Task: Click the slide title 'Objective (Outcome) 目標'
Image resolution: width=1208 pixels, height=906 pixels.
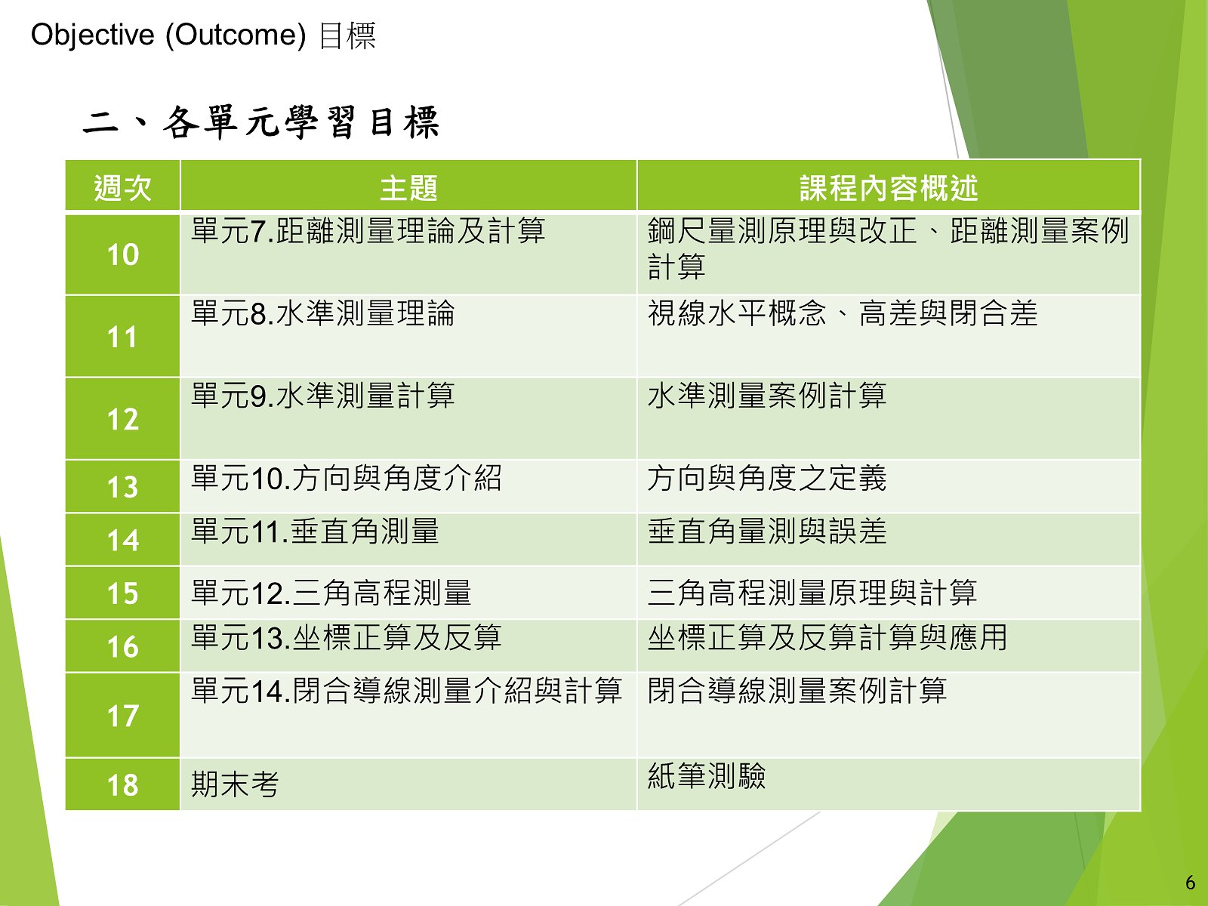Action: pyautogui.click(x=203, y=35)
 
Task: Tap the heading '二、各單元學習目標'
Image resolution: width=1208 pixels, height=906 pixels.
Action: pyautogui.click(x=261, y=122)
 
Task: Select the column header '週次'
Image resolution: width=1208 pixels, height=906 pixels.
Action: pyautogui.click(x=123, y=188)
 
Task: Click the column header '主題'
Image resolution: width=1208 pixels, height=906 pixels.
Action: pyautogui.click(x=408, y=188)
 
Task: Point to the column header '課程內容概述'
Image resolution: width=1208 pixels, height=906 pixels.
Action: pyautogui.click(x=888, y=188)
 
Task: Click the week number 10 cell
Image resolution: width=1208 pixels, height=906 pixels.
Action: pyautogui.click(x=123, y=254)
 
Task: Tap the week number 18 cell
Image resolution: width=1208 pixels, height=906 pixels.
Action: pyautogui.click(x=123, y=785)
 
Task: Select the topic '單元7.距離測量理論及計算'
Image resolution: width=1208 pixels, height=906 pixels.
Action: pyautogui.click(x=368, y=230)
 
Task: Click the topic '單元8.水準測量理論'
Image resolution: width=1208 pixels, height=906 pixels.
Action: pyautogui.click(x=323, y=313)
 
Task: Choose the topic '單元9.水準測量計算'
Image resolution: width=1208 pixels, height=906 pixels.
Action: pyautogui.click(x=323, y=396)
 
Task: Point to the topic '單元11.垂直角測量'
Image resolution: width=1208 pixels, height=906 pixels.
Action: pyautogui.click(x=315, y=532)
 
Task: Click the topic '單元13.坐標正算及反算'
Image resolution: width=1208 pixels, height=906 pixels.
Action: pyautogui.click(x=346, y=637)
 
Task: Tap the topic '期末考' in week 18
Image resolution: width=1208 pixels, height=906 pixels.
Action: pyautogui.click(x=235, y=784)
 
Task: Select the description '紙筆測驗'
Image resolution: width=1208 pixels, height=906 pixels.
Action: pyautogui.click(x=707, y=776)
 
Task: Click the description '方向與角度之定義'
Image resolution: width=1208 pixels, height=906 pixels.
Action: pyautogui.click(x=767, y=478)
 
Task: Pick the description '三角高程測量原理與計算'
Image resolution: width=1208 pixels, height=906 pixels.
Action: pyautogui.click(x=812, y=593)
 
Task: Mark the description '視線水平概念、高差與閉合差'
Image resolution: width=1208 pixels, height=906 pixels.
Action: pyautogui.click(x=843, y=313)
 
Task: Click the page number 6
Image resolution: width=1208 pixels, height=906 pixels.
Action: pyautogui.click(x=1191, y=883)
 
